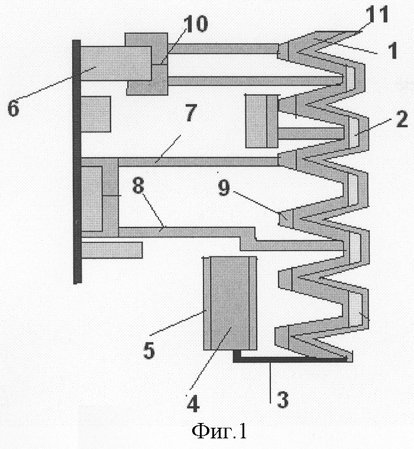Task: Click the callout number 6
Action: pyautogui.click(x=13, y=108)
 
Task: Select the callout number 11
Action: pyautogui.click(x=377, y=14)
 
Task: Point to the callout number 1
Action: pyautogui.click(x=393, y=50)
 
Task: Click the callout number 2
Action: pyautogui.click(x=402, y=119)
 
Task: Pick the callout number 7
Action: pyautogui.click(x=191, y=112)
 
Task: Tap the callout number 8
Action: pyautogui.click(x=138, y=185)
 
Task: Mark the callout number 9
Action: pyautogui.click(x=224, y=188)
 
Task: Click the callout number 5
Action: pyautogui.click(x=149, y=350)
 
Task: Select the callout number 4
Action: pyautogui.click(x=193, y=404)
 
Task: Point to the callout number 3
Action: pyautogui.click(x=282, y=399)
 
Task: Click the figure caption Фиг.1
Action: pyautogui.click(x=219, y=431)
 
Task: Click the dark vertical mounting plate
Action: pyautogui.click(x=77, y=162)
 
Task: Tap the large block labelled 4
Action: pyautogui.click(x=230, y=303)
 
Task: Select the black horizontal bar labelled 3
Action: pyautogui.click(x=292, y=359)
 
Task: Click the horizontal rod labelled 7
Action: pyautogui.click(x=198, y=162)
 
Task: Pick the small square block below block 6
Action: pyautogui.click(x=96, y=114)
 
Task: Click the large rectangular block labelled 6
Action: pyautogui.click(x=116, y=63)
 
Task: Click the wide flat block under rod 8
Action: pyautogui.click(x=112, y=250)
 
